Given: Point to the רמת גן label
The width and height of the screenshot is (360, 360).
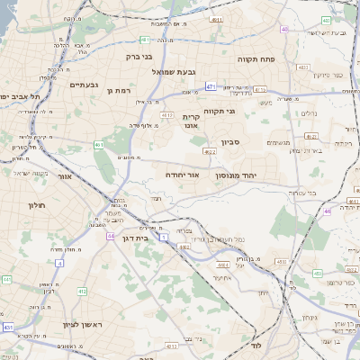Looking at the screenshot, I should tap(120, 90).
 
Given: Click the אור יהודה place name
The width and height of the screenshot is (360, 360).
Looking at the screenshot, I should tap(183, 175).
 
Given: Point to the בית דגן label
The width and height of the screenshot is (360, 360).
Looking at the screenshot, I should tap(133, 238).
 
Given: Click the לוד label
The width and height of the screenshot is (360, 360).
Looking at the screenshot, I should tap(256, 345).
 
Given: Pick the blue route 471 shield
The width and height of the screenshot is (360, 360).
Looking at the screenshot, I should tap(210, 86).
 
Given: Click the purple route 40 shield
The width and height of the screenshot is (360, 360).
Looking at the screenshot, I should tap(285, 29).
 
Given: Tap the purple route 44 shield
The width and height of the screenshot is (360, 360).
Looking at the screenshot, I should tap(110, 236).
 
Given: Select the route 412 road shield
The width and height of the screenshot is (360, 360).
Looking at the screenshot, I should tap(82, 292).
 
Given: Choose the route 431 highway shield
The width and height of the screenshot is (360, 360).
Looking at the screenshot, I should tap(8, 328).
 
